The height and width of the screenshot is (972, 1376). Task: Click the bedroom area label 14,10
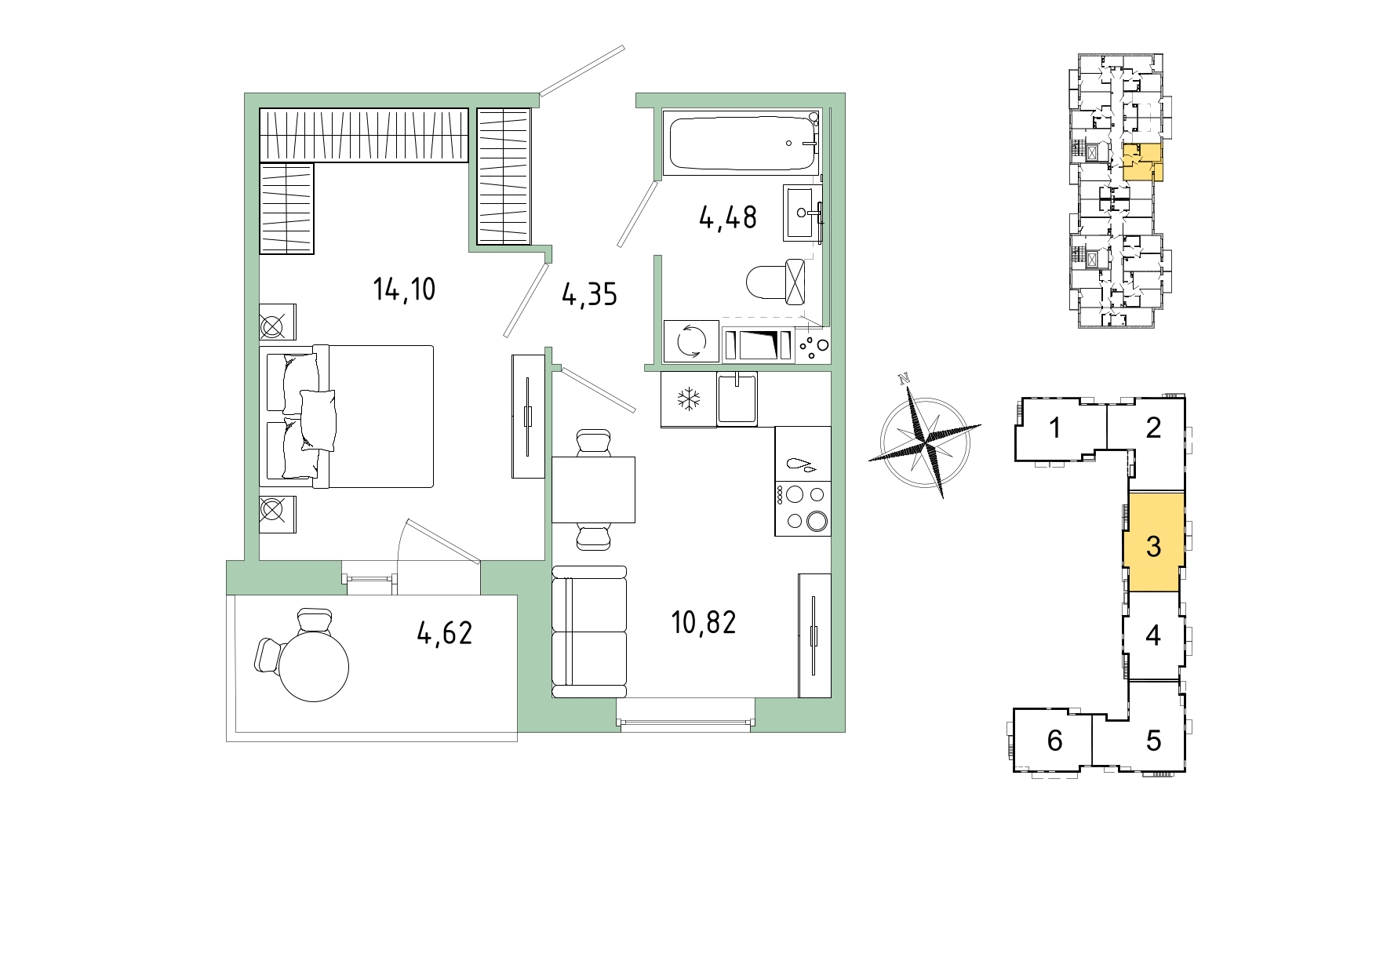pos(404,289)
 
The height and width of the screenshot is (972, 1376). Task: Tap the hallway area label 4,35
pos(590,295)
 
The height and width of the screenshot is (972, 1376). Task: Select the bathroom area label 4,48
pos(728,217)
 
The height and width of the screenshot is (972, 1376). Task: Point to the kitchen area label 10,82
pos(704,623)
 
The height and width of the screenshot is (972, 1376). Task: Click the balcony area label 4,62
pos(445,632)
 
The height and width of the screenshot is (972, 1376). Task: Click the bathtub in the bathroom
pos(741,143)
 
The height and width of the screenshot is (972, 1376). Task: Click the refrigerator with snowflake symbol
pos(689,399)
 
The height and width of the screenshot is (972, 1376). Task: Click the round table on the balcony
pos(314,666)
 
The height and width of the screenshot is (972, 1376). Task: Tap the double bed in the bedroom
pos(347,416)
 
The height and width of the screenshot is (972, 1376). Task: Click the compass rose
pos(925,436)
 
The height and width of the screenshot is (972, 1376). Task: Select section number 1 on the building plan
pos(1055,428)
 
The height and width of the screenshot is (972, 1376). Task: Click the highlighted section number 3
pos(1153,547)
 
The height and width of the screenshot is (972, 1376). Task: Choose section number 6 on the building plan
pos(1055,740)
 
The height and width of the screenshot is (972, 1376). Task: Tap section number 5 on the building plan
pos(1153,740)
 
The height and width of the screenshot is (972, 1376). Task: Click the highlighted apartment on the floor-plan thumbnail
pos(1142,162)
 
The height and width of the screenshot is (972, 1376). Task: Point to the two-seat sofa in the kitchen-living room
pos(590,632)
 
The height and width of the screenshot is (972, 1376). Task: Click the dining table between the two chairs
pos(593,490)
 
